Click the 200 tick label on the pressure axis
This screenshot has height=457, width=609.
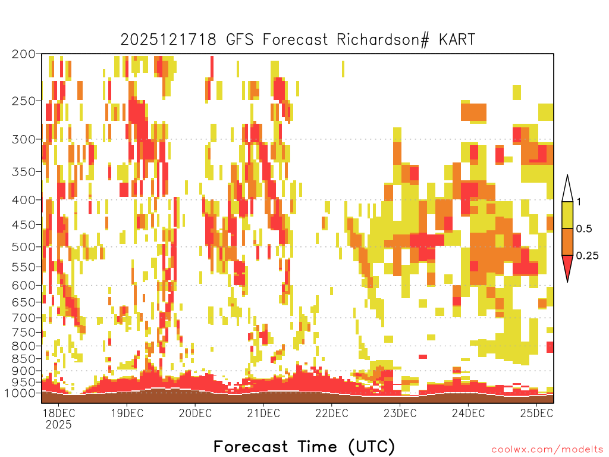23,54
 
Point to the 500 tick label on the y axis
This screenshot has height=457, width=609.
23,247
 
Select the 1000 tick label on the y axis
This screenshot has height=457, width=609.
20,393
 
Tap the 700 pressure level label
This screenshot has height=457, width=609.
23,318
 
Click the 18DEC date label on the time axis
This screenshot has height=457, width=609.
59,413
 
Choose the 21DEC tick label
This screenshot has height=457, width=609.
263,413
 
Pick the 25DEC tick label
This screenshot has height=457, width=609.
537,413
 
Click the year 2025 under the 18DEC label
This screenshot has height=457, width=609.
59,424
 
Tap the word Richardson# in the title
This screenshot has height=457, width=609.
383,40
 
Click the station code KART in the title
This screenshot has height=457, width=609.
457,39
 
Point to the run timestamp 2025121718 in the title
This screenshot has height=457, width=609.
168,39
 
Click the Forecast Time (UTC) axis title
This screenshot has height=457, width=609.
304,446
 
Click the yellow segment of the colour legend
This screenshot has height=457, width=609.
567,215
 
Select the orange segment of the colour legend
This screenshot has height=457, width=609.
567,242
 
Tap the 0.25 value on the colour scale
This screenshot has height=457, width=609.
587,256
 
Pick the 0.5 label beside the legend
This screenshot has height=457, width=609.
584,229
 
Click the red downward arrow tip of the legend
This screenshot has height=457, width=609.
567,281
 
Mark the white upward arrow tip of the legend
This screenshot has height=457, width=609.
567,176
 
